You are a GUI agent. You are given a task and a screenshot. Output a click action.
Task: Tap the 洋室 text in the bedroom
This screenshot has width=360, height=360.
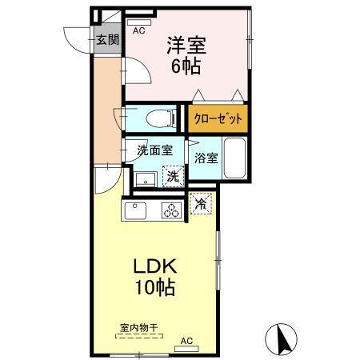(x=185, y=44)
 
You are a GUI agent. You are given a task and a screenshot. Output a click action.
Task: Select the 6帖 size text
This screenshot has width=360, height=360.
(x=185, y=66)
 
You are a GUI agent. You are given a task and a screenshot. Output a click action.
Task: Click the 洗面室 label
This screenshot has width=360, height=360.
(x=153, y=150)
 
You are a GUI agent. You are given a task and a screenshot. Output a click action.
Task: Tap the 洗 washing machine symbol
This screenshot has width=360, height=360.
(x=171, y=177)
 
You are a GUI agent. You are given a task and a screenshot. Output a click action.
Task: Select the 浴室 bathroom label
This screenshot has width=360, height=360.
(x=205, y=157)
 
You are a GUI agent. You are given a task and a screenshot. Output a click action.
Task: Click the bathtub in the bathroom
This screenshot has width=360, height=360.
(x=234, y=157)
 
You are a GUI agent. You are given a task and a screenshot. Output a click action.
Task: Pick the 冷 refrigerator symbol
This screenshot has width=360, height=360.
(x=202, y=204)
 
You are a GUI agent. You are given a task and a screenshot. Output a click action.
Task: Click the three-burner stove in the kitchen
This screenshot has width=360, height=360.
(x=170, y=211)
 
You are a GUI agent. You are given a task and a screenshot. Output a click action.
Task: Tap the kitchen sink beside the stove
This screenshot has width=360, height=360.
(x=134, y=212)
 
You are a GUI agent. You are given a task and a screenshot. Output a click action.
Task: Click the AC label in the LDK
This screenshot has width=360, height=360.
(x=186, y=340)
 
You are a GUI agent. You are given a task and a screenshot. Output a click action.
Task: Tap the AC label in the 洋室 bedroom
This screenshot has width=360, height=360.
(x=138, y=31)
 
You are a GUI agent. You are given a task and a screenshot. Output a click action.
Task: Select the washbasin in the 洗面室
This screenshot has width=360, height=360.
(x=145, y=177)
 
